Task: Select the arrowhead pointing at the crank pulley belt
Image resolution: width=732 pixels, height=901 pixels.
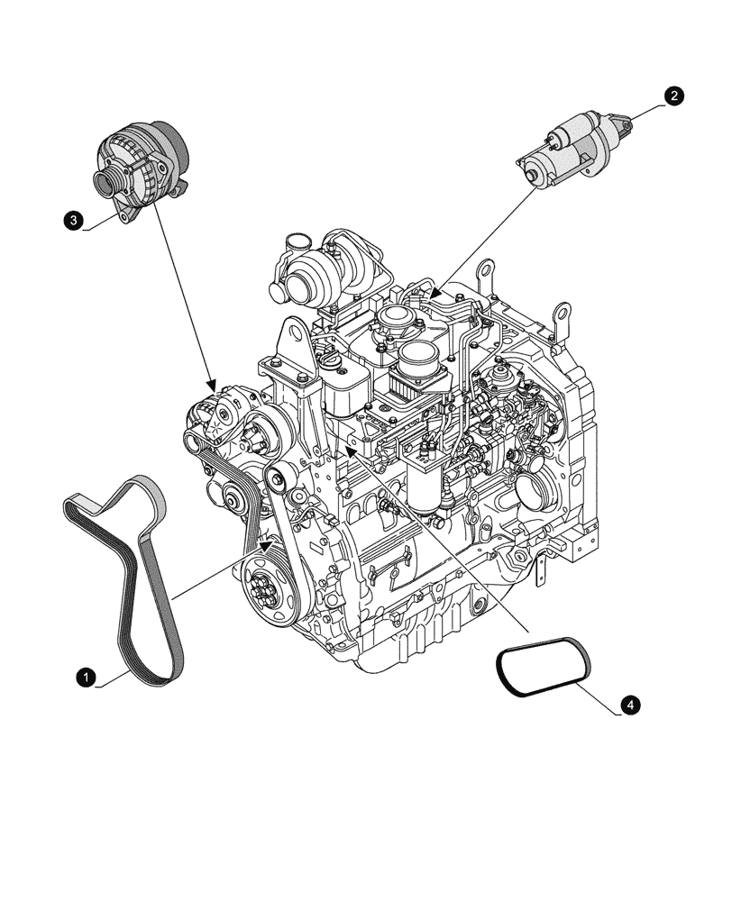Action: pos(265,544)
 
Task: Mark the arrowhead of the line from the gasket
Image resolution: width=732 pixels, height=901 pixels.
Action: pos(352,445)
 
